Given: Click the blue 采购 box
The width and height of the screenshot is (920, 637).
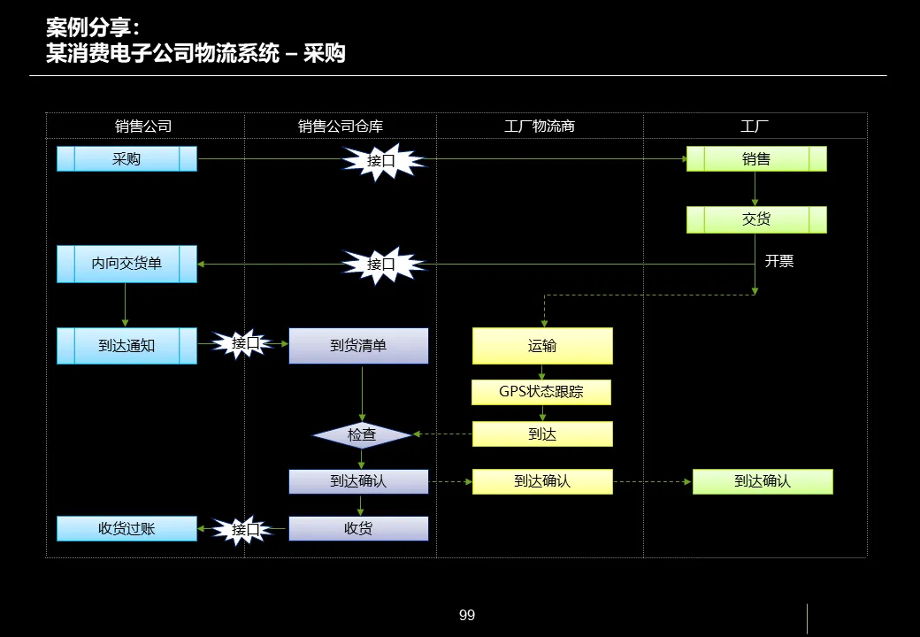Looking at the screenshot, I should [x=126, y=159].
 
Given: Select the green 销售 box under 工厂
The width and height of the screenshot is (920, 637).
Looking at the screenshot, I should [x=756, y=159].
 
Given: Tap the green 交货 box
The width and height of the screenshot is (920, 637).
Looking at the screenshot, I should [x=756, y=219].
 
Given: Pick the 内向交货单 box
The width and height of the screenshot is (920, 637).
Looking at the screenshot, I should [x=126, y=264].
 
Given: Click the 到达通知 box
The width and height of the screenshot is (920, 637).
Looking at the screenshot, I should [x=126, y=346].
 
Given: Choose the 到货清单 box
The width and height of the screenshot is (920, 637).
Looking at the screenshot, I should [x=358, y=346].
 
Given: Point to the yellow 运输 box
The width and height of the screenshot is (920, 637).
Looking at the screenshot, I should [x=542, y=346].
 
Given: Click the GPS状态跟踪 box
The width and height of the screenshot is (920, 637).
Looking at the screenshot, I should [x=541, y=392].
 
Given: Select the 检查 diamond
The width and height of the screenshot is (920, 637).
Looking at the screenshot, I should [x=362, y=435].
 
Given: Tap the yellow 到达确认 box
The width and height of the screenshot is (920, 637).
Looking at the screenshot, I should [x=542, y=481].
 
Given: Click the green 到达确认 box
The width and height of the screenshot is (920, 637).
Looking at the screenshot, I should [x=763, y=481].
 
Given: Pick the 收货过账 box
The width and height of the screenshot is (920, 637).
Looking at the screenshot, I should [x=126, y=529].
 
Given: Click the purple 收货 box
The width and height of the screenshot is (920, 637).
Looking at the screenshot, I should [x=358, y=529].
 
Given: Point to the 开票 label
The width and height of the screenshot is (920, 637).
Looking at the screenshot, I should [x=779, y=261].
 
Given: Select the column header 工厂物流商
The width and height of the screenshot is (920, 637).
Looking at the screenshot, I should [x=540, y=127].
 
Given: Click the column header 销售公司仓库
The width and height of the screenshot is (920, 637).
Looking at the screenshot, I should [x=341, y=127].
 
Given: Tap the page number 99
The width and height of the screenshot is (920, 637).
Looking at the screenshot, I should [x=467, y=615].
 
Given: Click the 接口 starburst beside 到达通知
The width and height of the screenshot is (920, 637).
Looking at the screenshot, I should [x=246, y=343].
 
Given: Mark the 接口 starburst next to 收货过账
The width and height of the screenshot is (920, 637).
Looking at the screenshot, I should [x=246, y=530].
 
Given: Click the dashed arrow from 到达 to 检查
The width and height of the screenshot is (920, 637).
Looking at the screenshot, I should [x=442, y=434].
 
